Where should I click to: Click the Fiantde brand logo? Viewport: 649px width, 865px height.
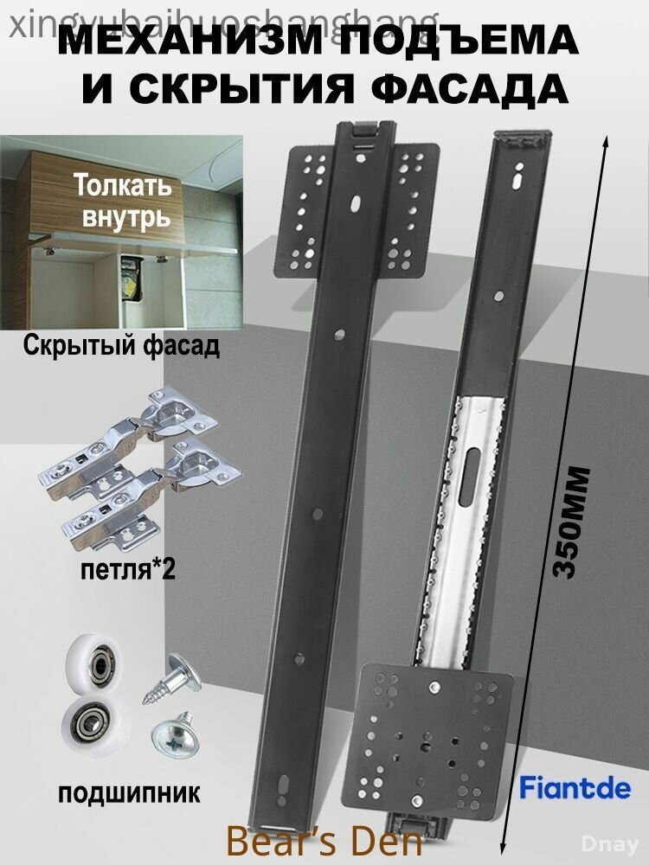(575, 788)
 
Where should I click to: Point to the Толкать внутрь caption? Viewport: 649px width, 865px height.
(122, 200)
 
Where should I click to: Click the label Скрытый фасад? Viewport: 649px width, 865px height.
(119, 347)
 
